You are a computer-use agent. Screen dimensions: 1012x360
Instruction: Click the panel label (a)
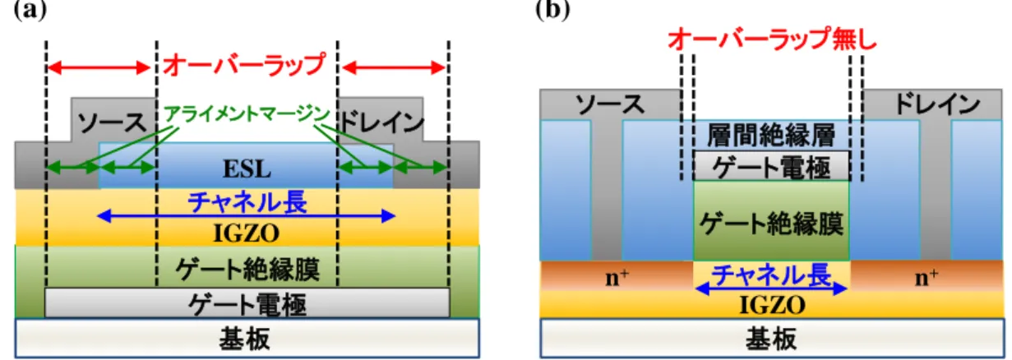pyautogui.click(x=30, y=10)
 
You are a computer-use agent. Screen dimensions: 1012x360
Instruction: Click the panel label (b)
pyautogui.click(x=552, y=10)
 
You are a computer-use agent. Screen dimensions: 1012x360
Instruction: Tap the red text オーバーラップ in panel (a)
pyautogui.click(x=244, y=65)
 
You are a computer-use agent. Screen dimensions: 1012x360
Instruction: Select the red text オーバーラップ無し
pyautogui.click(x=772, y=39)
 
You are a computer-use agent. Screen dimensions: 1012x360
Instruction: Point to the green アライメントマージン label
pyautogui.click(x=247, y=113)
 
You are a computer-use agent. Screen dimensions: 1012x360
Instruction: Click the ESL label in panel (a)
pyautogui.click(x=247, y=169)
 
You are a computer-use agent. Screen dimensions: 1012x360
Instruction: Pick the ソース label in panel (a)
pyautogui.click(x=112, y=122)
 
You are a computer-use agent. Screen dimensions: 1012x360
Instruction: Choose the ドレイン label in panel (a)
pyautogui.click(x=381, y=122)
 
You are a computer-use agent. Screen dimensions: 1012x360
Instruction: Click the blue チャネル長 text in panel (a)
pyautogui.click(x=247, y=201)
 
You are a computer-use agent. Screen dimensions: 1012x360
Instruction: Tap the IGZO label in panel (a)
pyautogui.click(x=247, y=233)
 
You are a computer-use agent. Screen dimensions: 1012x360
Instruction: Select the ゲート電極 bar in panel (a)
pyautogui.click(x=247, y=302)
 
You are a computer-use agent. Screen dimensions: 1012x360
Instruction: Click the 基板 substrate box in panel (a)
pyautogui.click(x=247, y=339)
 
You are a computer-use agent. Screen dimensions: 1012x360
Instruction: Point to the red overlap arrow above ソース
pyautogui.click(x=99, y=68)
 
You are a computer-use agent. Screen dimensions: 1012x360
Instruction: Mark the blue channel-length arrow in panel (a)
pyautogui.click(x=247, y=216)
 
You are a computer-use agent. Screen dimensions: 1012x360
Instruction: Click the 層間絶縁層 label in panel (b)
pyautogui.click(x=771, y=136)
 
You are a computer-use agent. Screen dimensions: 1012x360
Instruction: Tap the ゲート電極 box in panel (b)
pyautogui.click(x=771, y=166)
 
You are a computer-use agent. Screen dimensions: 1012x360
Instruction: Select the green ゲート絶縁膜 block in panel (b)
pyautogui.click(x=771, y=221)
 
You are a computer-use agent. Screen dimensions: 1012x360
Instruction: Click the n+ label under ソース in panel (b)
pyautogui.click(x=617, y=277)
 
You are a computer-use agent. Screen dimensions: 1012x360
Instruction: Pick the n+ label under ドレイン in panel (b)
pyautogui.click(x=927, y=277)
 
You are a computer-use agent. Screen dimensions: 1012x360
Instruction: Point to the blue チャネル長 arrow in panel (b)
pyautogui.click(x=771, y=288)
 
